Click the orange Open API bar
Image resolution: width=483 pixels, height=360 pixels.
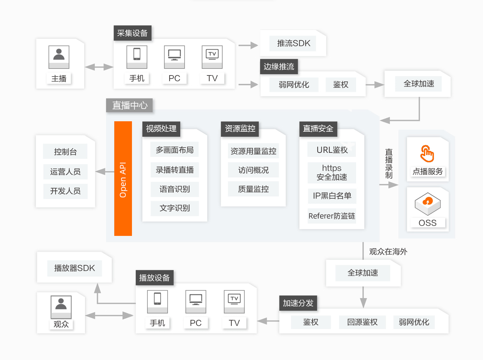point(123,178)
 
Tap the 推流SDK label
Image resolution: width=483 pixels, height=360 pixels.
point(293,43)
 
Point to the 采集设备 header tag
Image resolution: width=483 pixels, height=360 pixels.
point(132,33)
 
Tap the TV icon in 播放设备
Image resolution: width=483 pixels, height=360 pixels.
point(234,302)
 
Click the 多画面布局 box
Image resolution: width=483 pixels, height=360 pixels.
point(175,149)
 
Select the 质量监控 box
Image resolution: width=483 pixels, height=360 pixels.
point(253,189)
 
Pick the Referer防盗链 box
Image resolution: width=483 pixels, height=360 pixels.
point(332,216)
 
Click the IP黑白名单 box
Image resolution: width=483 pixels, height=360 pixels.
point(332,196)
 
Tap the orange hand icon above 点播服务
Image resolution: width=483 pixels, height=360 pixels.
point(427,154)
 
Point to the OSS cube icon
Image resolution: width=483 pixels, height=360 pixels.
point(428,204)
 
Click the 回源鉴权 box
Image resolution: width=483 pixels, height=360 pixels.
point(362,322)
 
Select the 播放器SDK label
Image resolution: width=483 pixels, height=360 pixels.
point(75,268)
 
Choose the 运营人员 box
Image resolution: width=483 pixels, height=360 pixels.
point(65,172)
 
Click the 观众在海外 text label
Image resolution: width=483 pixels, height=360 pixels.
point(388,252)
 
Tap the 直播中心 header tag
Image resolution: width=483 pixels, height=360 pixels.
point(129,105)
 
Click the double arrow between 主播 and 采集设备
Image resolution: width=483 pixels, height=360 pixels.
point(99,67)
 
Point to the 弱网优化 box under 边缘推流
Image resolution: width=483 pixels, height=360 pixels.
point(294,85)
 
